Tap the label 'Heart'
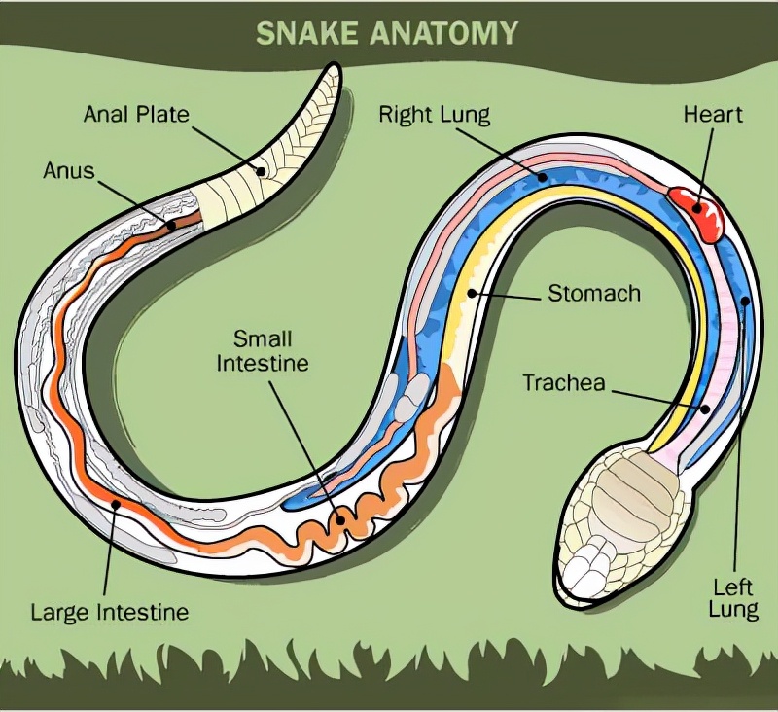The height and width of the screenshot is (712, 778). [x=713, y=114]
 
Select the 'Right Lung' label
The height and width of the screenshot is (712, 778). [x=434, y=116]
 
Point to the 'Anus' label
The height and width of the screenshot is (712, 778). [x=69, y=171]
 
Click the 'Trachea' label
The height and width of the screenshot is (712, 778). [x=564, y=382]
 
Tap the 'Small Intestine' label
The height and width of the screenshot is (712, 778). [x=262, y=351]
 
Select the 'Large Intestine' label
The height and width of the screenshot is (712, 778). [x=109, y=613]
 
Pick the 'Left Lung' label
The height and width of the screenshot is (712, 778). [x=734, y=598]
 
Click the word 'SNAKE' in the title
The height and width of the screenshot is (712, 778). [x=310, y=33]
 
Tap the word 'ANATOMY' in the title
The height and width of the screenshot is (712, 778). [x=447, y=33]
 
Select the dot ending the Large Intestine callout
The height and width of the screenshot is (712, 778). [x=118, y=504]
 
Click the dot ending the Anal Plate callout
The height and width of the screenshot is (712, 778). [x=260, y=171]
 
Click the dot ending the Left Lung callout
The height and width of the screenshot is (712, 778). [x=746, y=302]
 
